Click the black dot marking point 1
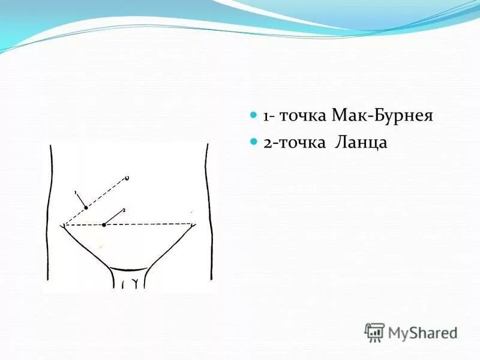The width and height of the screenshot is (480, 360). (x=86, y=207)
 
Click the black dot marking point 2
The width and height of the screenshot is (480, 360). (x=104, y=225)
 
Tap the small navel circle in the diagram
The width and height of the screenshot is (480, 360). (x=127, y=178)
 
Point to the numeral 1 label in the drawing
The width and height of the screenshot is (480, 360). (x=76, y=193)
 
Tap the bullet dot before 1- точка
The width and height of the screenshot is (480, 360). (x=254, y=114)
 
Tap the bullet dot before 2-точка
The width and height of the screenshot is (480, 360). (x=254, y=142)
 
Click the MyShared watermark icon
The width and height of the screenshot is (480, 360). (x=374, y=332)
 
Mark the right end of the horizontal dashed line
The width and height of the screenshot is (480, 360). (x=193, y=224)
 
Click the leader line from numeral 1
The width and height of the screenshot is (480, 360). (x=82, y=200)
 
